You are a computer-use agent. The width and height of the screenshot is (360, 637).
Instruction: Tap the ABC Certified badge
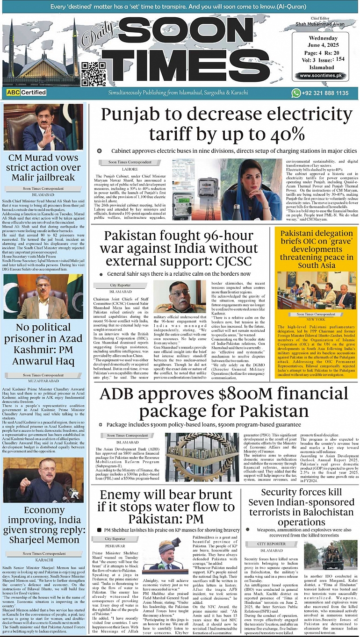pyautogui.click(x=26, y=93)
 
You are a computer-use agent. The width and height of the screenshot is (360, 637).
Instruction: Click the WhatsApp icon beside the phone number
pyautogui.click(x=296, y=93)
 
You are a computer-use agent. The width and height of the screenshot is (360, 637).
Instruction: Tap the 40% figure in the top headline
pyautogui.click(x=288, y=135)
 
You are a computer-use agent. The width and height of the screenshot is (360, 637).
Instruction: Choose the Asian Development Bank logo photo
pyautogui.click(x=202, y=457)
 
